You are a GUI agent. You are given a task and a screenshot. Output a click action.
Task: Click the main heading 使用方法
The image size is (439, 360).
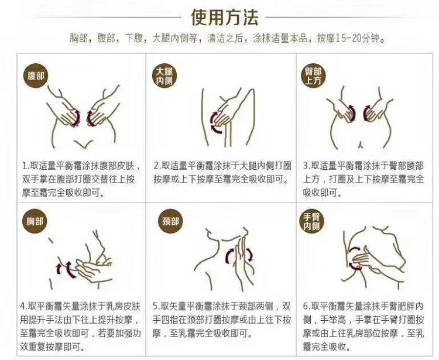coord(225,18)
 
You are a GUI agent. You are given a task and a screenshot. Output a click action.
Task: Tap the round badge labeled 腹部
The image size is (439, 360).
coord(36,76)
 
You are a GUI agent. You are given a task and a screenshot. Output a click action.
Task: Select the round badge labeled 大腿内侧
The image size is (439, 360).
coord(164,76)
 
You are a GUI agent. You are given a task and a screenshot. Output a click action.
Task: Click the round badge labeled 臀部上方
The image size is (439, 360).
coord(313,76)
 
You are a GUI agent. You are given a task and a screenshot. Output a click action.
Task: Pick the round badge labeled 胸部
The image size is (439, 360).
coord(35,221)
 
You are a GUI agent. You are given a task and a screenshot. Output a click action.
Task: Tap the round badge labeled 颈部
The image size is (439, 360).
coord(170,221)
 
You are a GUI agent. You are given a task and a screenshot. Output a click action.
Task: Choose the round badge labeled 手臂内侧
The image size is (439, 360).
coord(311,221)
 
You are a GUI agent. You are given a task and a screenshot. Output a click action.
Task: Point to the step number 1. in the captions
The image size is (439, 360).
coord(26,166)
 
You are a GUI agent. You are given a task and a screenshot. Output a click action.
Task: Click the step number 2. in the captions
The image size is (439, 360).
coord(157,166)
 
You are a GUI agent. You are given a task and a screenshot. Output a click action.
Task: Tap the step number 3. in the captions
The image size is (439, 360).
coord(307,166)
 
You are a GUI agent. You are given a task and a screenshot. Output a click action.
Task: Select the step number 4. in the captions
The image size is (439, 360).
coord(25,306)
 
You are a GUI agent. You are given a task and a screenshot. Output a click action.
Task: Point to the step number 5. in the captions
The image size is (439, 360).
coord(157,306)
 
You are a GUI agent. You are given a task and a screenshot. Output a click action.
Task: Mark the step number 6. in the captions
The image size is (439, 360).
coord(307,306)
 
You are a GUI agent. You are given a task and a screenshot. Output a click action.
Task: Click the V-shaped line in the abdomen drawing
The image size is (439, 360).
coord(83,143)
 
